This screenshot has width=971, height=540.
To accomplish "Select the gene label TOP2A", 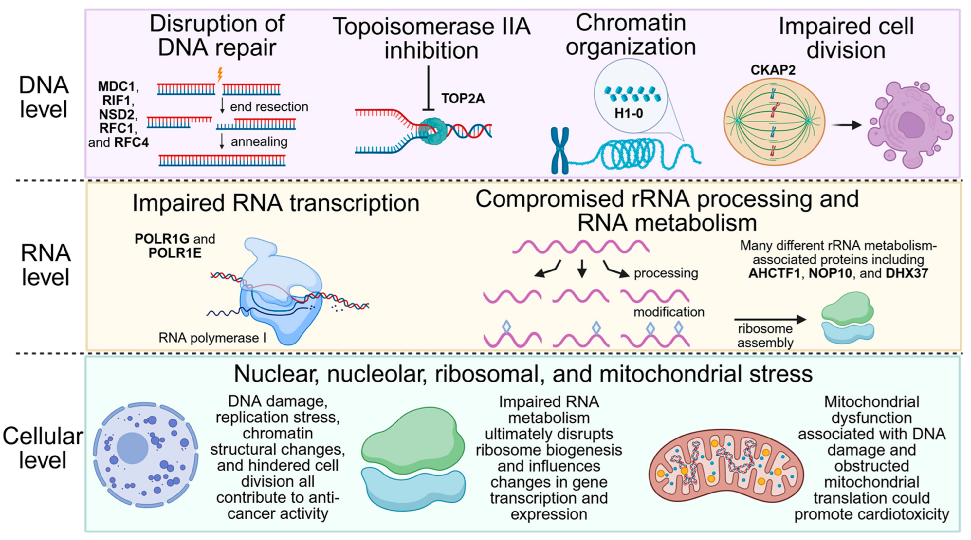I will click(463, 99).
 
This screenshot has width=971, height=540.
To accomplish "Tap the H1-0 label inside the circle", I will click(628, 113).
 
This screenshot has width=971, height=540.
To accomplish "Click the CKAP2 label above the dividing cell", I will click(773, 70).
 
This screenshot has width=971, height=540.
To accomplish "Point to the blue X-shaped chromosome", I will click(560, 150).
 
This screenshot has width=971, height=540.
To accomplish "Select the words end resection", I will click(269, 107).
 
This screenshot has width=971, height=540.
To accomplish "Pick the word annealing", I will click(259, 141).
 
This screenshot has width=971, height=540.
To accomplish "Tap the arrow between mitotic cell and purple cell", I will click(847, 125).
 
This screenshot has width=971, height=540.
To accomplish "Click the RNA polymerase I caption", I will click(212, 338).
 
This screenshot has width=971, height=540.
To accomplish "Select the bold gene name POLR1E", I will click(175, 253).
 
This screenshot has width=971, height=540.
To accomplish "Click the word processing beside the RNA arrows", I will click(666, 273).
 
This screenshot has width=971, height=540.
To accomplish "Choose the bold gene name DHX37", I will click(907, 273).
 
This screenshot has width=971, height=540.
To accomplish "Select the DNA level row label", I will click(44, 97).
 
